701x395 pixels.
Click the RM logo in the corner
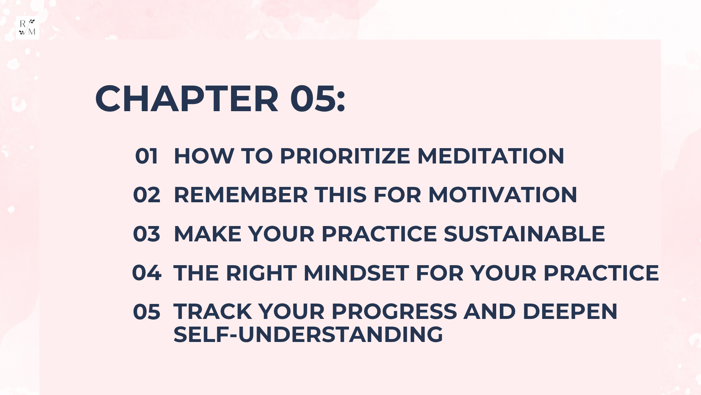point(27,27)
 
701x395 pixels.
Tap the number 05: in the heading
point(318,99)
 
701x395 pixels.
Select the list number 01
point(146,156)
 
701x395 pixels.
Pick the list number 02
point(146,195)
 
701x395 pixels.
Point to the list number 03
point(146,234)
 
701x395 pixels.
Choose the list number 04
point(146,273)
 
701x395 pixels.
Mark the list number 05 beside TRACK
point(146,312)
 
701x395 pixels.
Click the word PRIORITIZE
point(345,156)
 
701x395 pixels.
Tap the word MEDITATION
point(491,156)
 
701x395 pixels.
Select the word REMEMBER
point(241,195)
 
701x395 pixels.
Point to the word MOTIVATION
point(503,195)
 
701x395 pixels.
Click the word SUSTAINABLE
point(524,234)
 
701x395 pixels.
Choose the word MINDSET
point(356,273)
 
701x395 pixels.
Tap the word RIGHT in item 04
point(261,273)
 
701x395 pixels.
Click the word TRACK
point(212,312)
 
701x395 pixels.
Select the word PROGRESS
point(394,312)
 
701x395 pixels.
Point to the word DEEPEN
point(570,312)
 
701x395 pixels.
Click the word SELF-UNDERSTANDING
point(308,334)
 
